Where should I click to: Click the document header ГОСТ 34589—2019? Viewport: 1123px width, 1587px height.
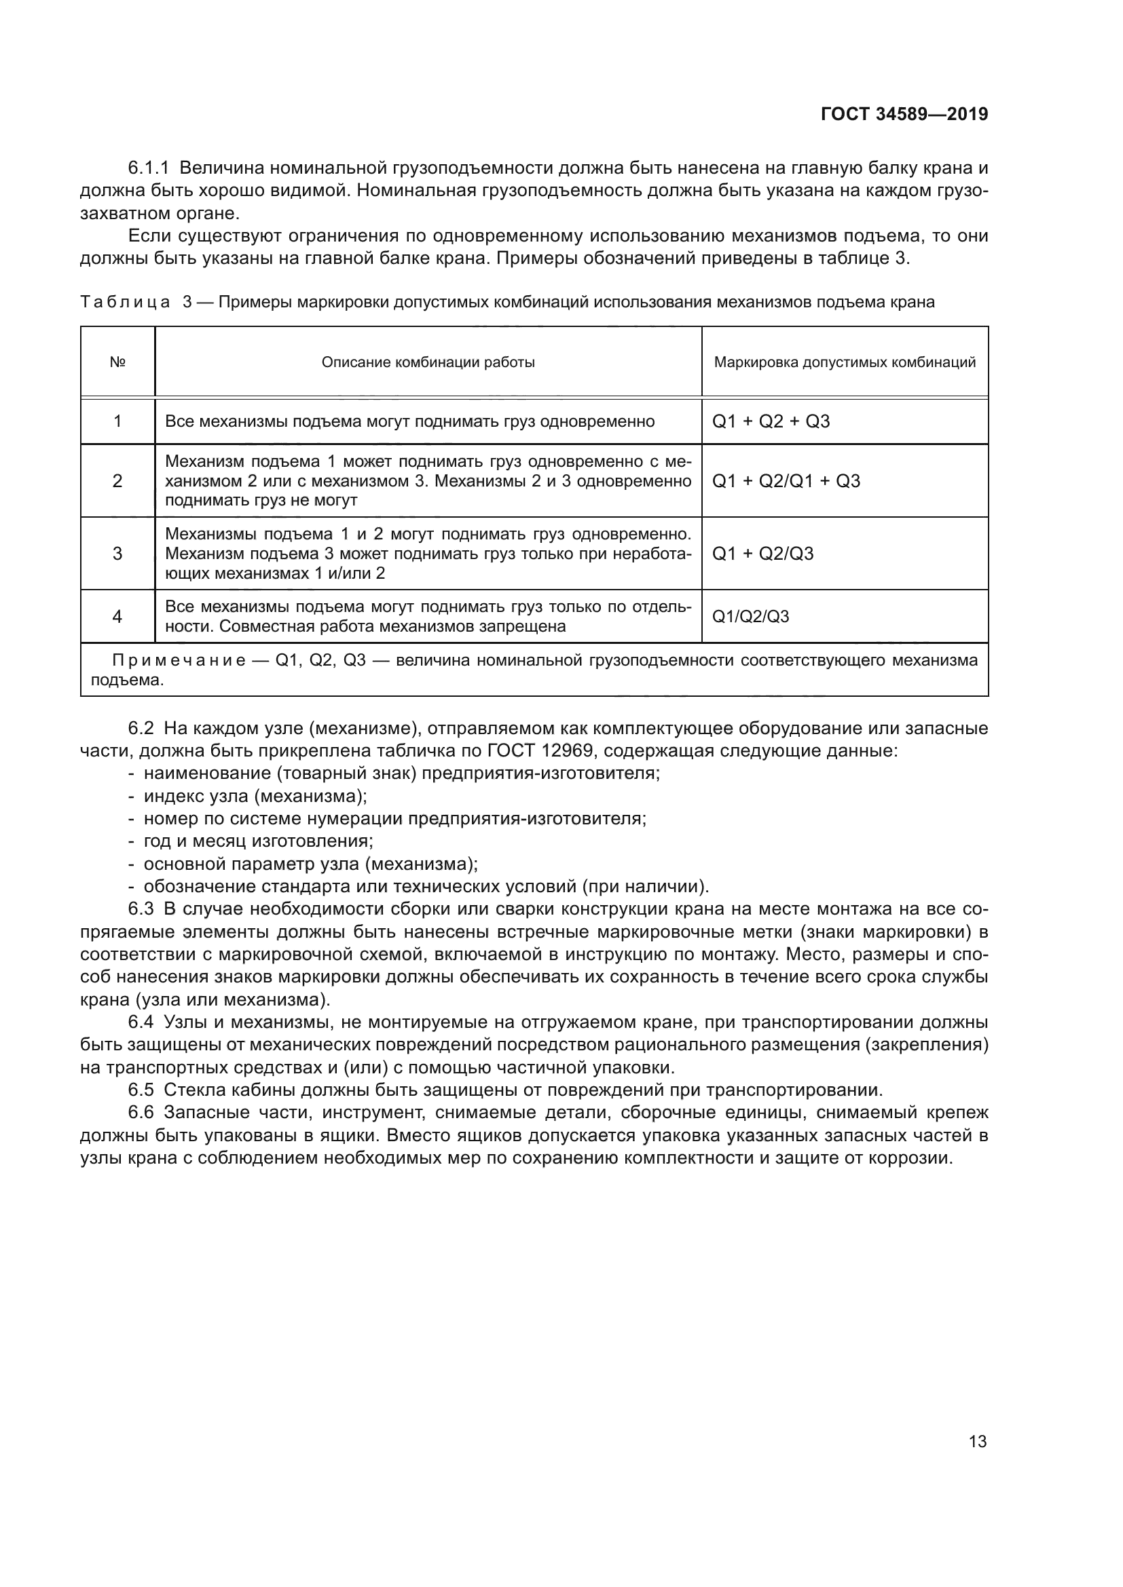point(904,114)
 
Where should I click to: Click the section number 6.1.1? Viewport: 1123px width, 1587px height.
point(148,168)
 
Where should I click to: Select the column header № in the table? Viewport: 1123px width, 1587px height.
point(117,362)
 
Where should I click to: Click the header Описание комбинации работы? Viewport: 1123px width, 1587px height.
point(428,362)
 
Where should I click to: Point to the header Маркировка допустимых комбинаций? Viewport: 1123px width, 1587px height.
point(845,362)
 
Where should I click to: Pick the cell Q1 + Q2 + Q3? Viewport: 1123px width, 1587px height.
point(771,421)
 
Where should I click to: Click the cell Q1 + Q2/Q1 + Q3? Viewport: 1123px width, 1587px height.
point(786,481)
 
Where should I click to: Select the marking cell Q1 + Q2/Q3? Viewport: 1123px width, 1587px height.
point(762,554)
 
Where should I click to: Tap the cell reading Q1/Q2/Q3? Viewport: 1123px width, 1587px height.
point(750,617)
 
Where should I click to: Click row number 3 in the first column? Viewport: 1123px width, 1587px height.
point(117,554)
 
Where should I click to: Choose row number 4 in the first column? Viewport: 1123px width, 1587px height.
point(117,617)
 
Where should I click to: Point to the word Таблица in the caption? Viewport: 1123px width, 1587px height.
point(125,302)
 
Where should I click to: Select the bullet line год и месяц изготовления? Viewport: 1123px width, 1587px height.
point(258,841)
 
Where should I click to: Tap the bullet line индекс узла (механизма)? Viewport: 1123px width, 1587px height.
point(255,797)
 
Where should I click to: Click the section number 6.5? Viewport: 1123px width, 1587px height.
point(141,1090)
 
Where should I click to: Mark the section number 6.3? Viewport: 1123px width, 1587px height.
point(141,909)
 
